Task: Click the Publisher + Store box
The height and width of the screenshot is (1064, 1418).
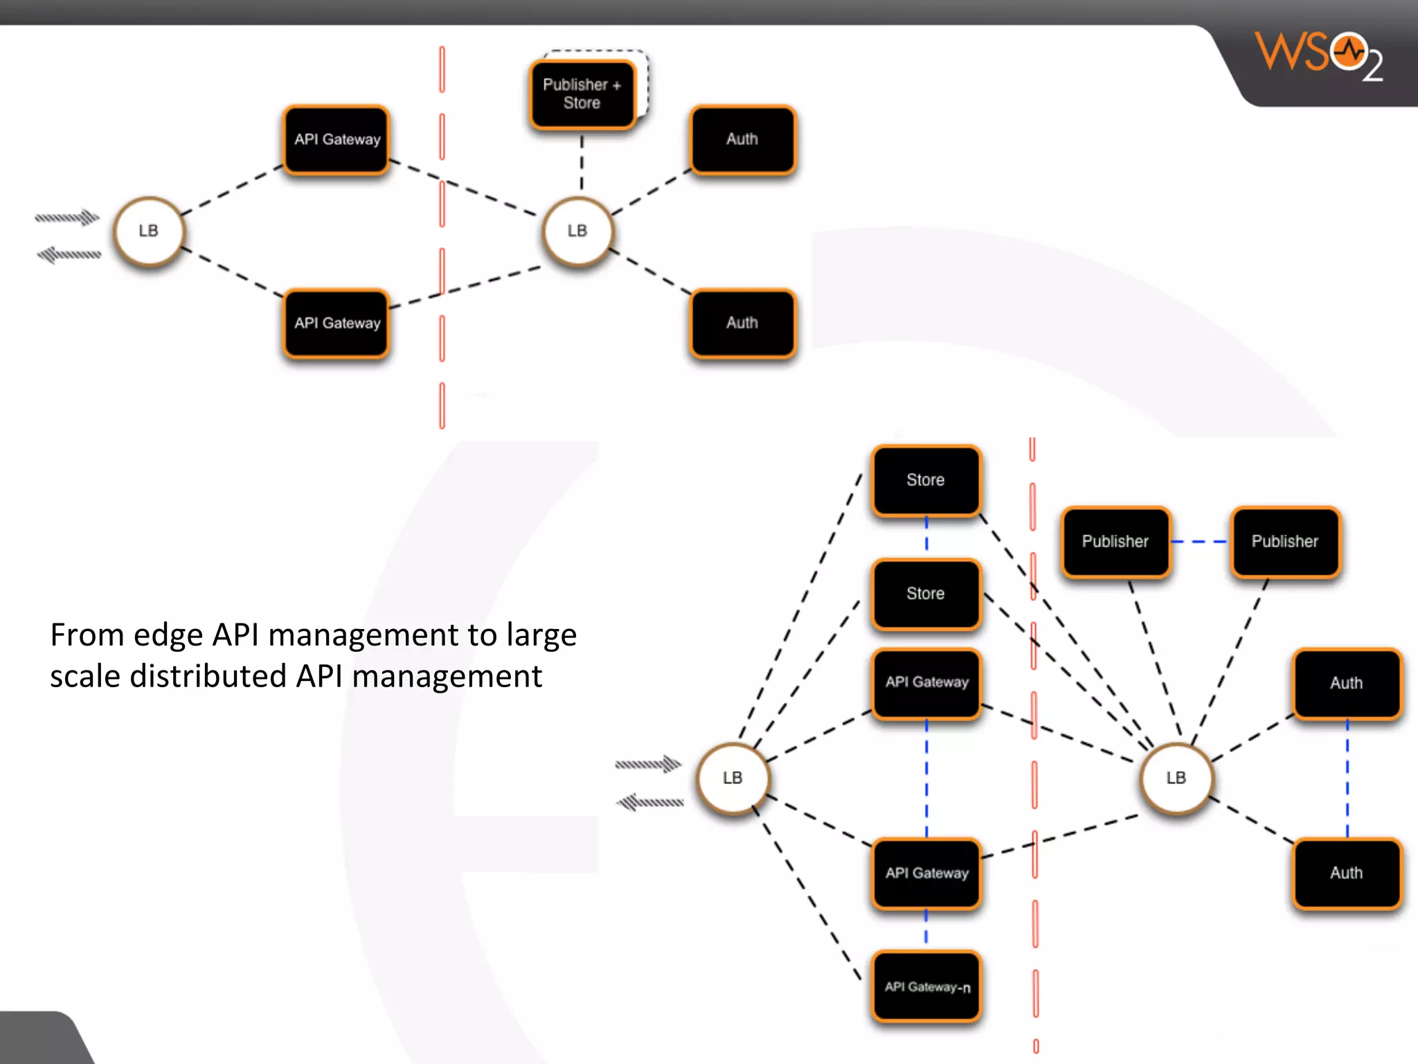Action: click(582, 94)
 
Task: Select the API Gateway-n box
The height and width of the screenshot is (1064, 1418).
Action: click(926, 986)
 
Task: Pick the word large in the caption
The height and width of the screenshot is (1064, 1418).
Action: click(541, 636)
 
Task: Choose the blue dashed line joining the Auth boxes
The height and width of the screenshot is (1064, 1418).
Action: click(1347, 777)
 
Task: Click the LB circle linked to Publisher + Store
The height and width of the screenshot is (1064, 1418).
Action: click(577, 231)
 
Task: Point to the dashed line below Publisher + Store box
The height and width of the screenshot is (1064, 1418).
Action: click(582, 162)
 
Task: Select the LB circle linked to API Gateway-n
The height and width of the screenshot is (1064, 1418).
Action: click(732, 778)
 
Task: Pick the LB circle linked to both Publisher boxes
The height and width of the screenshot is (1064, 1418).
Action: click(1176, 778)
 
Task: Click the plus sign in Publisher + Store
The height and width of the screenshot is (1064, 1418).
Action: click(616, 85)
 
